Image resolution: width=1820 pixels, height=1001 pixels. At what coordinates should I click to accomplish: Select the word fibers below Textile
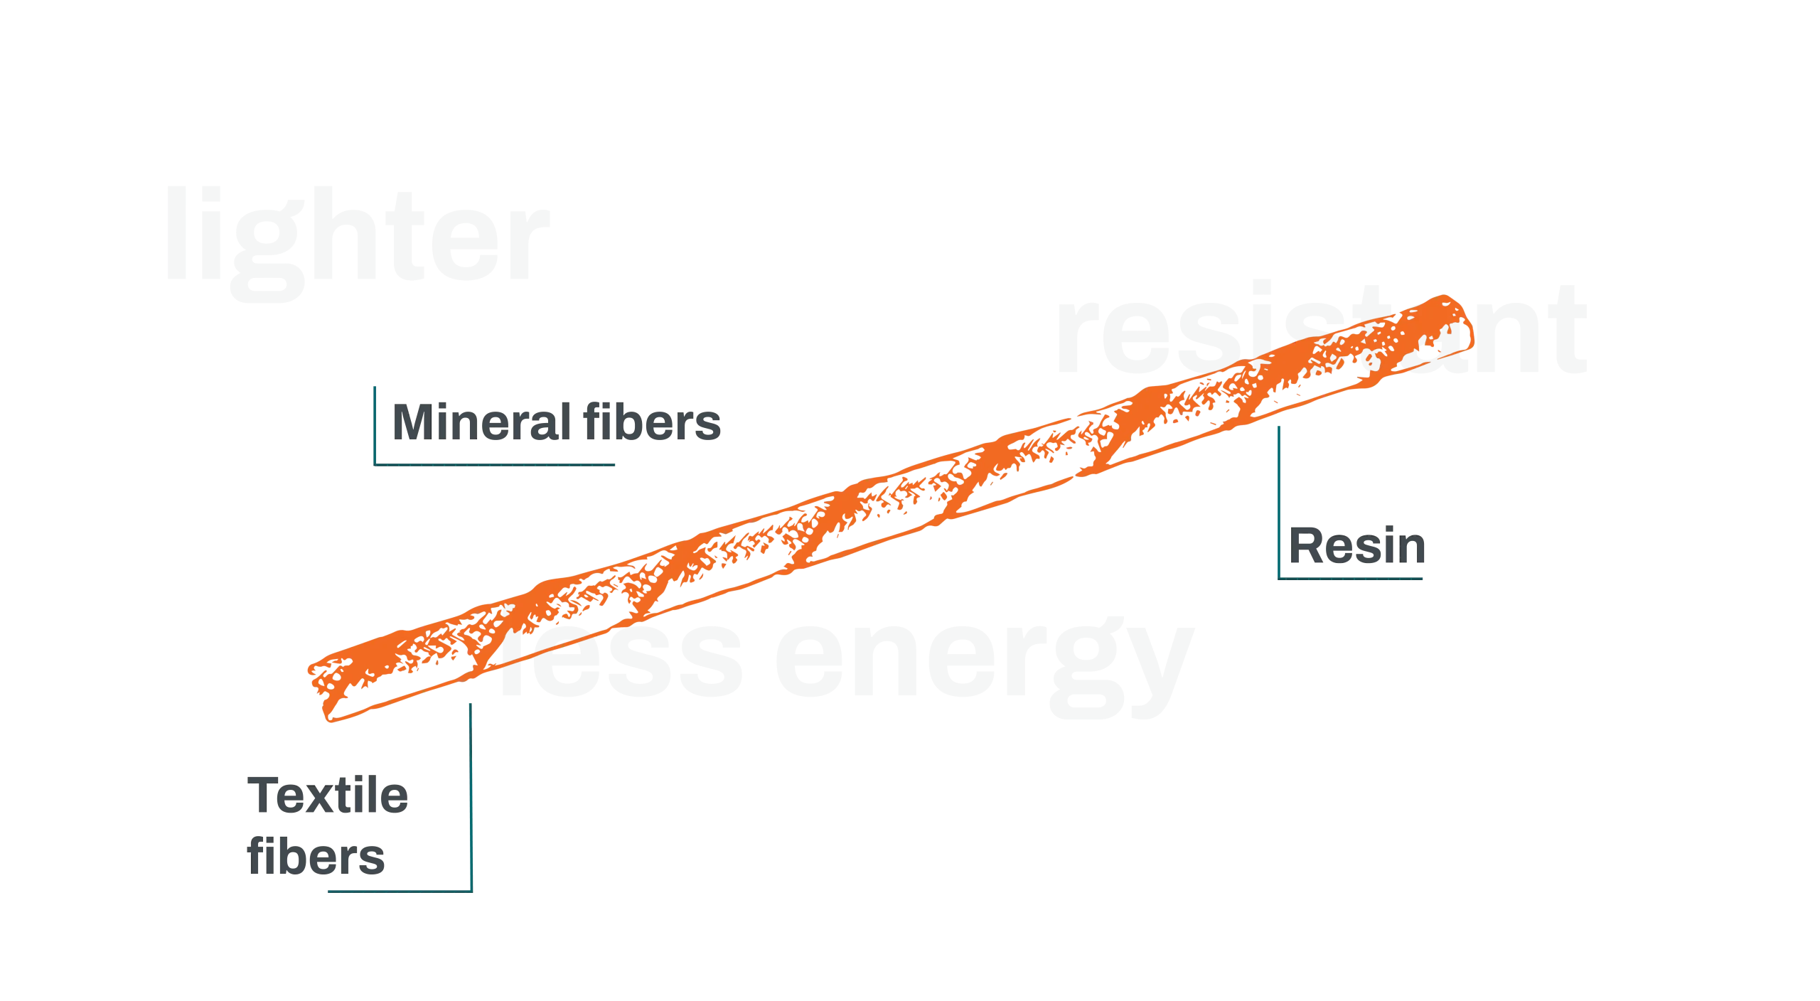pyautogui.click(x=317, y=857)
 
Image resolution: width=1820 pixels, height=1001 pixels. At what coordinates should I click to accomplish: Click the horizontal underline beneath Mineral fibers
pyautogui.click(x=498, y=464)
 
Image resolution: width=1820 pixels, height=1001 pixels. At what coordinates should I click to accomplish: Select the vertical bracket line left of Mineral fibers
pyautogui.click(x=373, y=423)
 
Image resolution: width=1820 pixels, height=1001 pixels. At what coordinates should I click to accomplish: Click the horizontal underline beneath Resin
pyautogui.click(x=1351, y=578)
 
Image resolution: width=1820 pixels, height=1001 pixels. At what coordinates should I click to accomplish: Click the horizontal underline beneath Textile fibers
pyautogui.click(x=398, y=889)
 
